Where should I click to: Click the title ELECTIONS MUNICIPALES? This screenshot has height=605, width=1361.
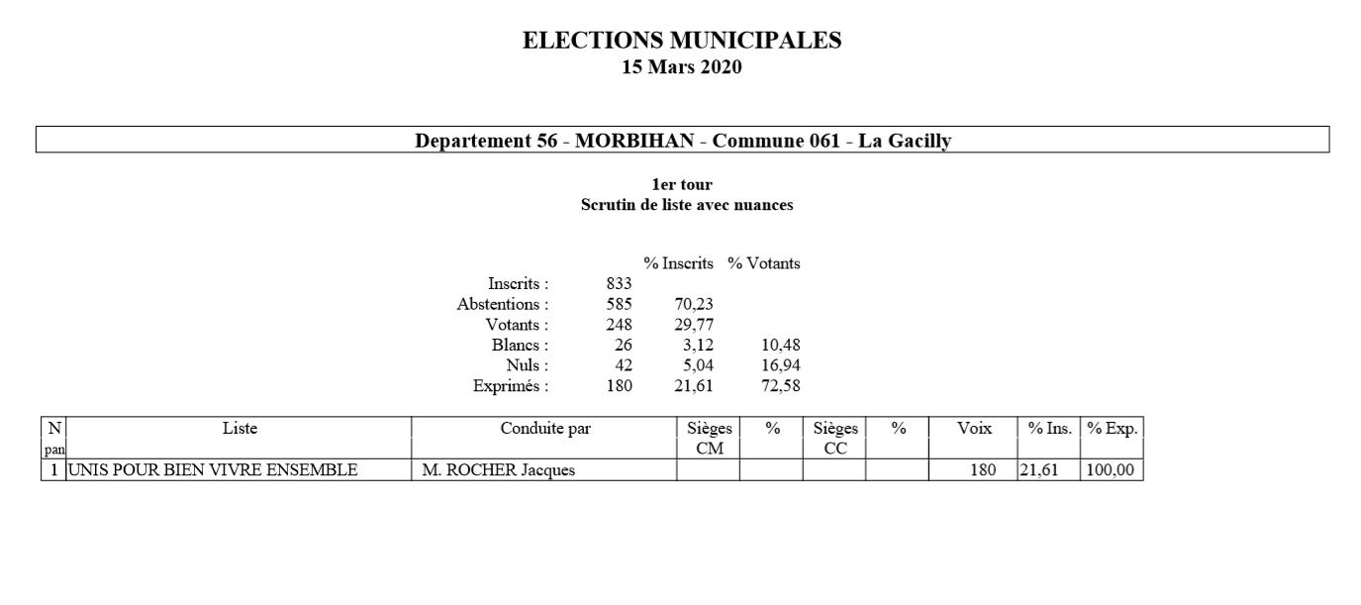681,41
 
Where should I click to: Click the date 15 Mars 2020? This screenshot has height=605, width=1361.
681,67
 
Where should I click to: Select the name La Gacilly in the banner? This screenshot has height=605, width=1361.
904,141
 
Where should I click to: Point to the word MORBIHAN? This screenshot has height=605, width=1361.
633,141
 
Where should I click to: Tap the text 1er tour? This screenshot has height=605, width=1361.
681,185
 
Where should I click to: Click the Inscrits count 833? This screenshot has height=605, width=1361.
619,284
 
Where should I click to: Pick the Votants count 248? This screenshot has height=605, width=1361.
619,325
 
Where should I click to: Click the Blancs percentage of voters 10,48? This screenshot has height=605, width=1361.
778,346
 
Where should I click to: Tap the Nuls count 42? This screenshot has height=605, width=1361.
624,365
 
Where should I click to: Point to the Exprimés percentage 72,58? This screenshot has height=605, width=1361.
778,386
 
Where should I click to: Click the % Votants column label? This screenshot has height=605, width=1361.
763,263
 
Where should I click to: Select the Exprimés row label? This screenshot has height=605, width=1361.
511,386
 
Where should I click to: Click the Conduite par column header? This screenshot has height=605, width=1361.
544,429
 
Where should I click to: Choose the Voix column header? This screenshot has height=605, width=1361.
973,429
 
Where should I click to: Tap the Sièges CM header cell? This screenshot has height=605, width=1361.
709,438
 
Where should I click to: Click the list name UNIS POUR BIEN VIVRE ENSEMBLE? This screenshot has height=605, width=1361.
212,470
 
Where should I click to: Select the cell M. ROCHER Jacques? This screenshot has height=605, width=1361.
498,470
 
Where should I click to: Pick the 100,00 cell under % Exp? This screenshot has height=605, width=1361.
1110,470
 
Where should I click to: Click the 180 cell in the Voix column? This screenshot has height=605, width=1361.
982,470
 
